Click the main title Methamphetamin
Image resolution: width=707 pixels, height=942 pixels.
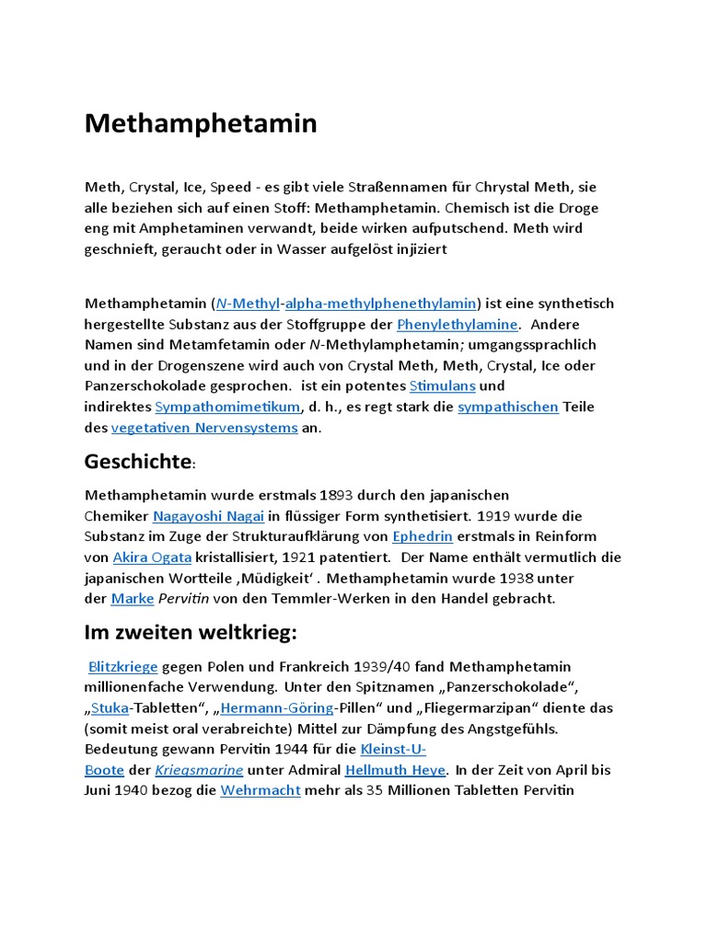pyautogui.click(x=201, y=123)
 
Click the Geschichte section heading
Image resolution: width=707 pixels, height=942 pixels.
pyautogui.click(x=137, y=461)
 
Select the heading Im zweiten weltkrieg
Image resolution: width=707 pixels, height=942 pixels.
pyautogui.click(x=191, y=632)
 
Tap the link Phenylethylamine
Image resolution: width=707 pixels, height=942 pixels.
pyautogui.click(x=458, y=324)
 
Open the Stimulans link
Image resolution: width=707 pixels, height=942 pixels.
pyautogui.click(x=443, y=385)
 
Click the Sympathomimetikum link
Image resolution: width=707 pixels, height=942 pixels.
pyautogui.click(x=227, y=407)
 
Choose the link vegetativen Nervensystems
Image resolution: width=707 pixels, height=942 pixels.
pyautogui.click(x=204, y=428)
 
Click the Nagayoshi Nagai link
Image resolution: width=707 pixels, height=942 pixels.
pyautogui.click(x=208, y=516)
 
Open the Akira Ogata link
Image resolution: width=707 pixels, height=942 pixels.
pyautogui.click(x=152, y=557)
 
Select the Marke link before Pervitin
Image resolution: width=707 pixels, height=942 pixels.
pyautogui.click(x=132, y=598)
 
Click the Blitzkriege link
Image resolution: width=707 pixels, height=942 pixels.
pyautogui.click(x=123, y=666)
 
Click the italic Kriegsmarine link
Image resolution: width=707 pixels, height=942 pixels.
pyautogui.click(x=199, y=770)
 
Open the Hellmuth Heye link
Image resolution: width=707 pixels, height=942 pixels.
pyautogui.click(x=396, y=770)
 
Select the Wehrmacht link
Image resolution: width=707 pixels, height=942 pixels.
pyautogui.click(x=261, y=790)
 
